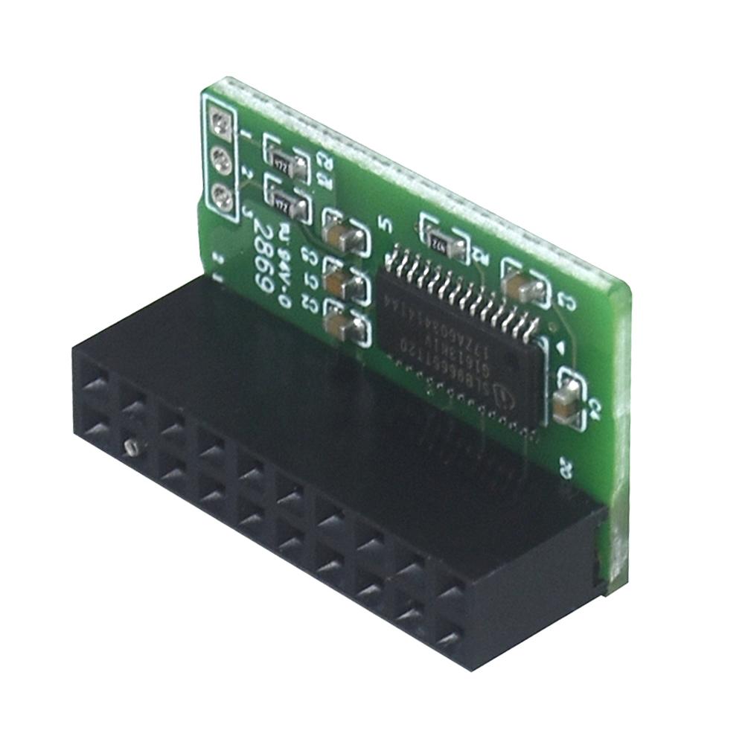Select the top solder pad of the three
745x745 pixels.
[220, 120]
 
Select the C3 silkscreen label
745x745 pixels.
[565, 301]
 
